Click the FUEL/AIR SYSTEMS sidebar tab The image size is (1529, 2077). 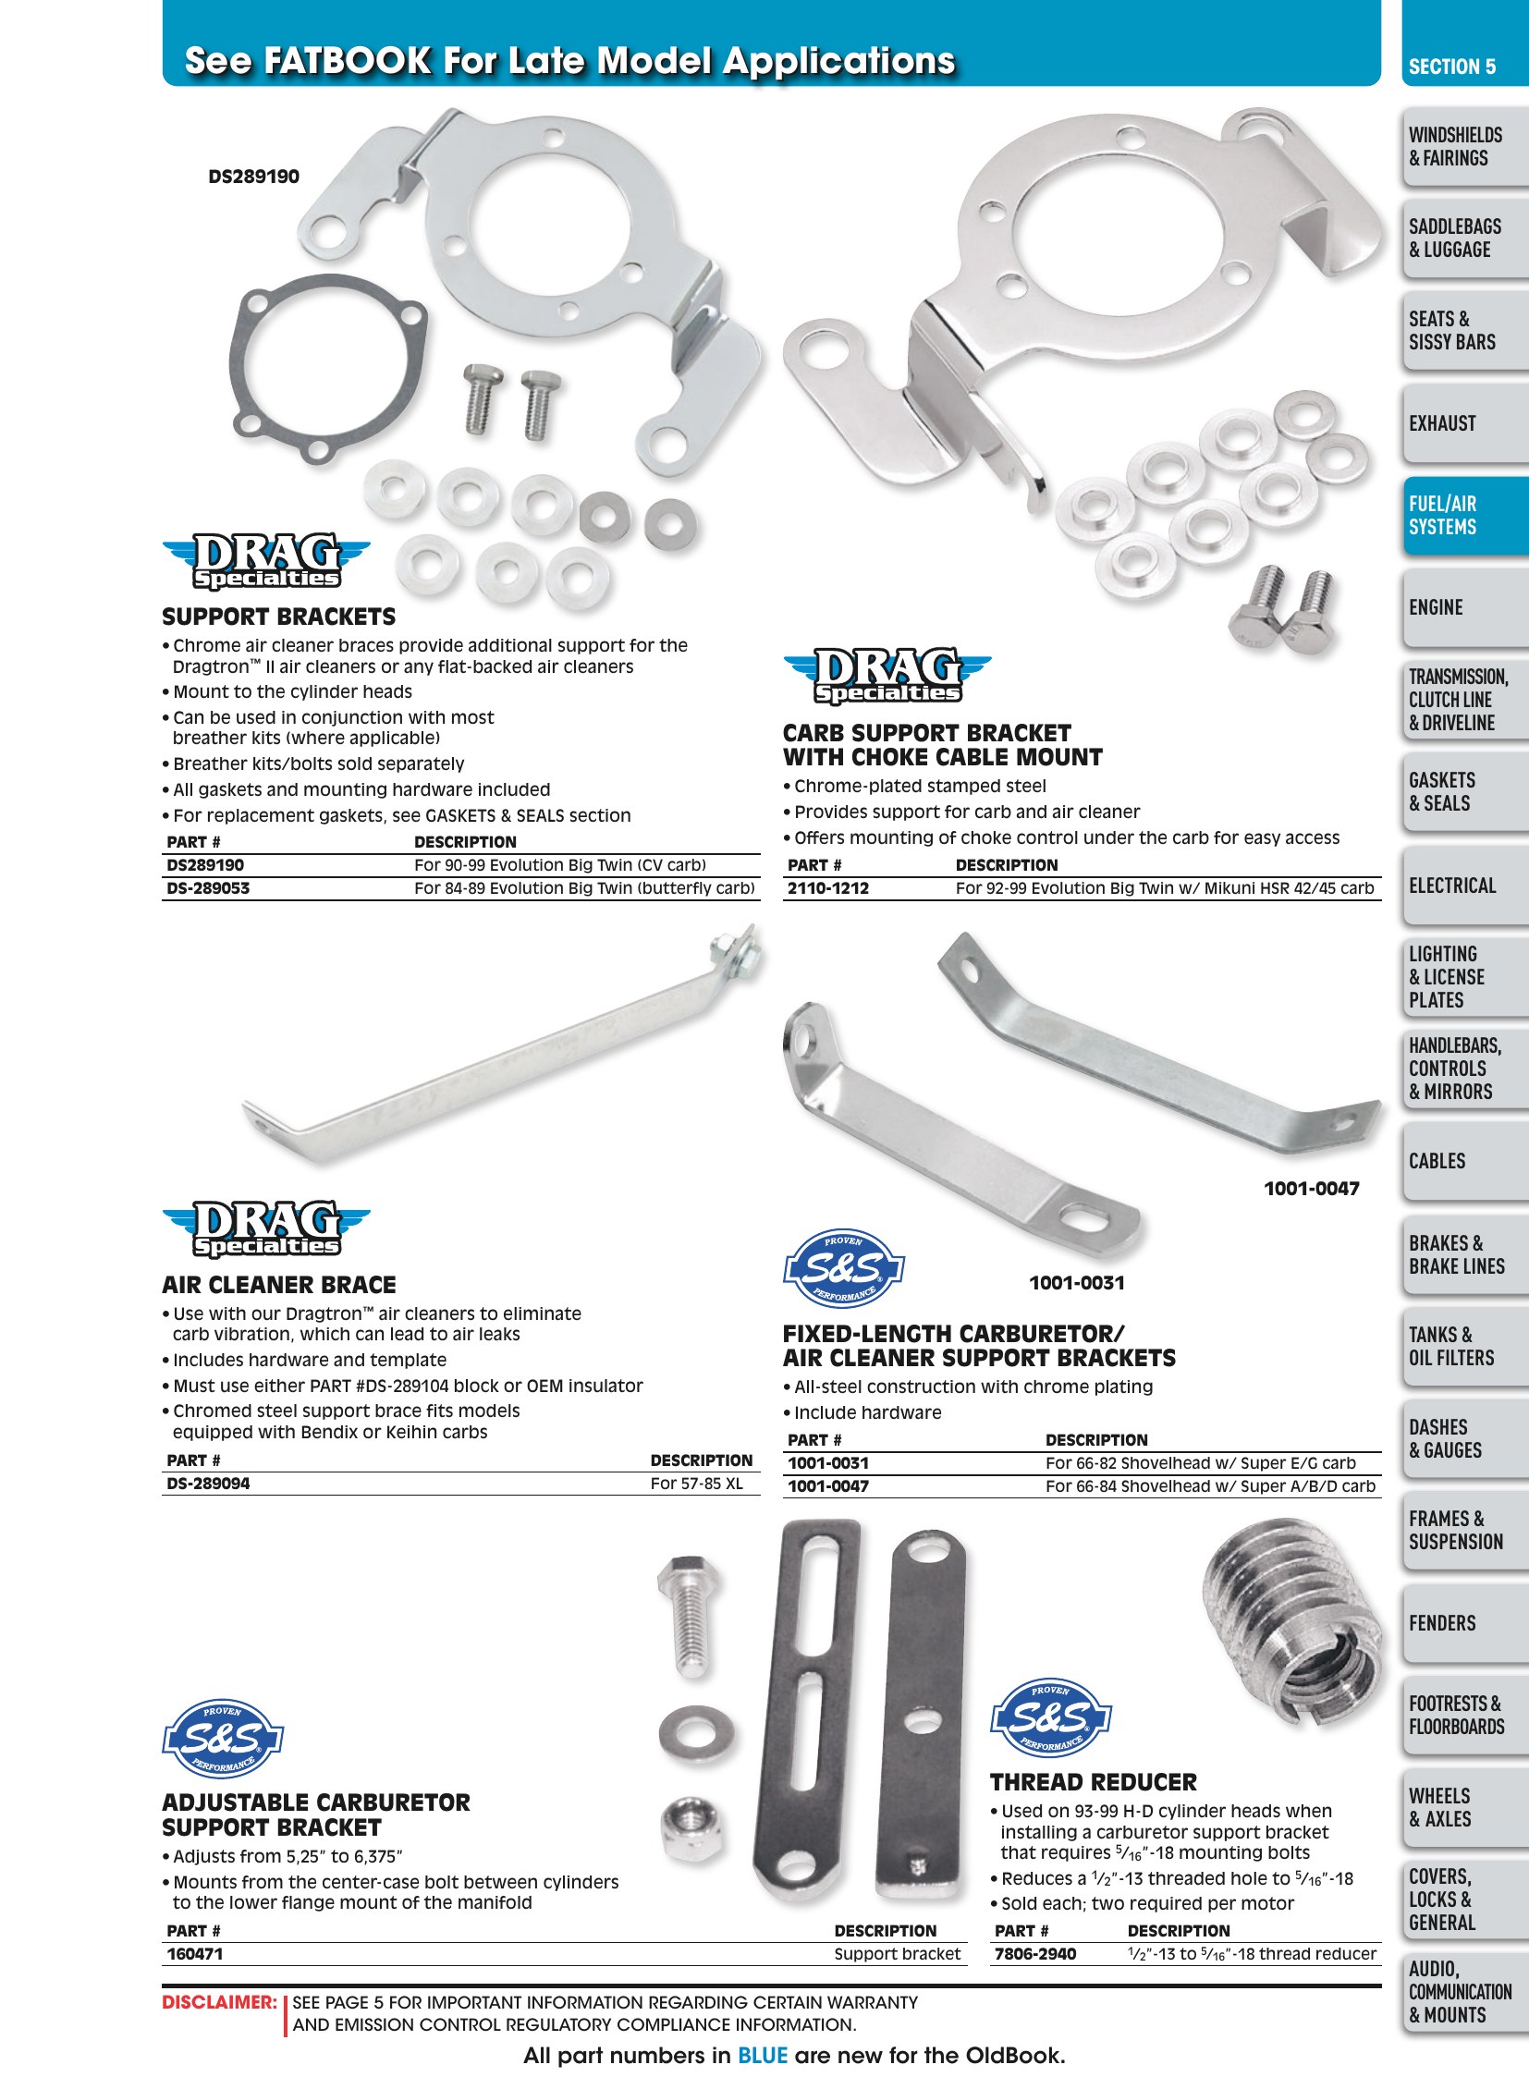coord(1465,516)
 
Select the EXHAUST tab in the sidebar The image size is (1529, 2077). coord(1465,424)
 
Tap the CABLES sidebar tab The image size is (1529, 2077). coord(1465,1162)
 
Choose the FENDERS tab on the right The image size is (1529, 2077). coord(1465,1623)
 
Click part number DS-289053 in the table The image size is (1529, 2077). coord(208,888)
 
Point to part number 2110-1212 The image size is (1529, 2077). coord(828,888)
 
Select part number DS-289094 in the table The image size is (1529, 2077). coord(208,1484)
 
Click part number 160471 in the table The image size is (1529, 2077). coord(194,1954)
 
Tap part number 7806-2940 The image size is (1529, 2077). coord(1034,1954)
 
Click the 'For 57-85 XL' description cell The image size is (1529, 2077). coord(697,1484)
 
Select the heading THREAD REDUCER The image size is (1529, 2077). coord(1093,1783)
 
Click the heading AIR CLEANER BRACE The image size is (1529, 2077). coord(278,1285)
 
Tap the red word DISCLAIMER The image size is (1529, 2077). coord(219,2002)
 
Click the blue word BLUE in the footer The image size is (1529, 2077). coord(763,2056)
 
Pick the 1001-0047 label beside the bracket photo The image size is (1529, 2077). coord(1312,1189)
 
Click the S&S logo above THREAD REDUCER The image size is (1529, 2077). coord(1050,1718)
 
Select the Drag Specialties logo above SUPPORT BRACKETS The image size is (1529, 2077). coord(266,561)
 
